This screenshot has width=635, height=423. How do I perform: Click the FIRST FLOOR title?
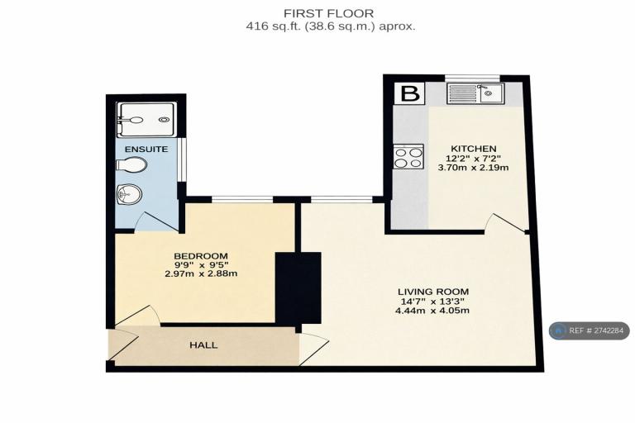(328, 13)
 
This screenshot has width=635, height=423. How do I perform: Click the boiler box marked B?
(410, 93)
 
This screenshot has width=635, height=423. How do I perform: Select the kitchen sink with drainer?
(475, 93)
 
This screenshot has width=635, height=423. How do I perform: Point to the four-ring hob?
(408, 157)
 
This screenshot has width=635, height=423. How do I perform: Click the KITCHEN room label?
(474, 149)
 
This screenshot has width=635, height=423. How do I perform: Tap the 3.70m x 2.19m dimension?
(474, 167)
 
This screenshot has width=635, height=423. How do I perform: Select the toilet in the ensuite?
(131, 164)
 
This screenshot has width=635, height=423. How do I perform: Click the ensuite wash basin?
(129, 194)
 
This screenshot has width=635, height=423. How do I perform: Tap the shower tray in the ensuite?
(146, 120)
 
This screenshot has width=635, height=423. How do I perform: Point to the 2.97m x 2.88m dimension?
(201, 273)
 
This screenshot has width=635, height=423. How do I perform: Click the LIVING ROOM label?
(433, 292)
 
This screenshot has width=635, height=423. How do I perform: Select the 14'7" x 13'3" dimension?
(432, 302)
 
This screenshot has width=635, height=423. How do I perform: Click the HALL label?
(203, 345)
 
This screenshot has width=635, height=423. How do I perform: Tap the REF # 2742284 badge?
(590, 330)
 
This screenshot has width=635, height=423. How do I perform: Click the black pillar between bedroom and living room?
(298, 288)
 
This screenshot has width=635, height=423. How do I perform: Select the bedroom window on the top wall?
(242, 199)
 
